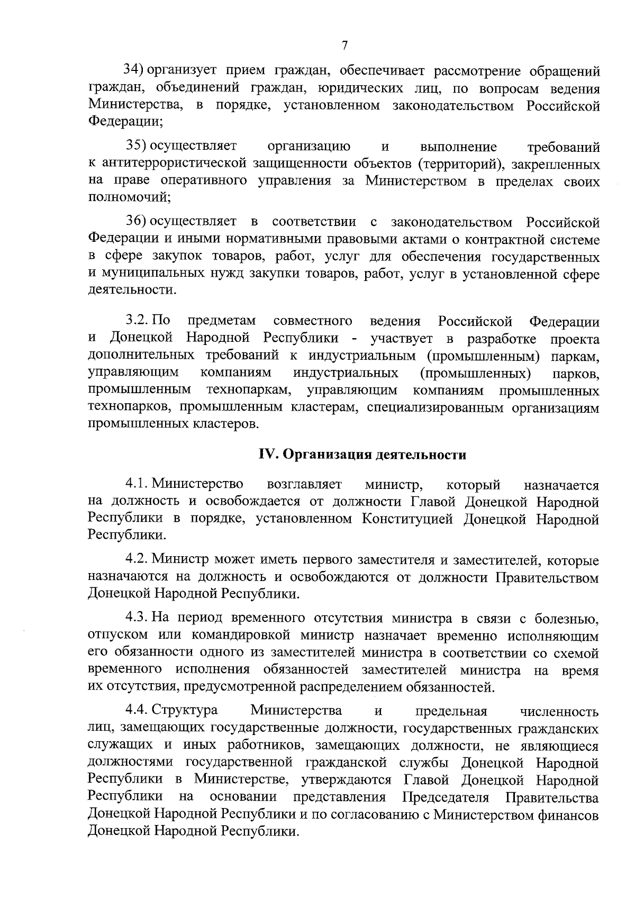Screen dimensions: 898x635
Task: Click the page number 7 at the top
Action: pyautogui.click(x=344, y=46)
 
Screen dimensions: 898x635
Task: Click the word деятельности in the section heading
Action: pyautogui.click(x=421, y=455)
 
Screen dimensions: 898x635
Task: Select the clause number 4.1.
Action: pyautogui.click(x=137, y=484)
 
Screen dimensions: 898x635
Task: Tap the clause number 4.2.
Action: pyautogui.click(x=137, y=559)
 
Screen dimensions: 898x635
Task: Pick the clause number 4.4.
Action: pyautogui.click(x=137, y=710)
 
